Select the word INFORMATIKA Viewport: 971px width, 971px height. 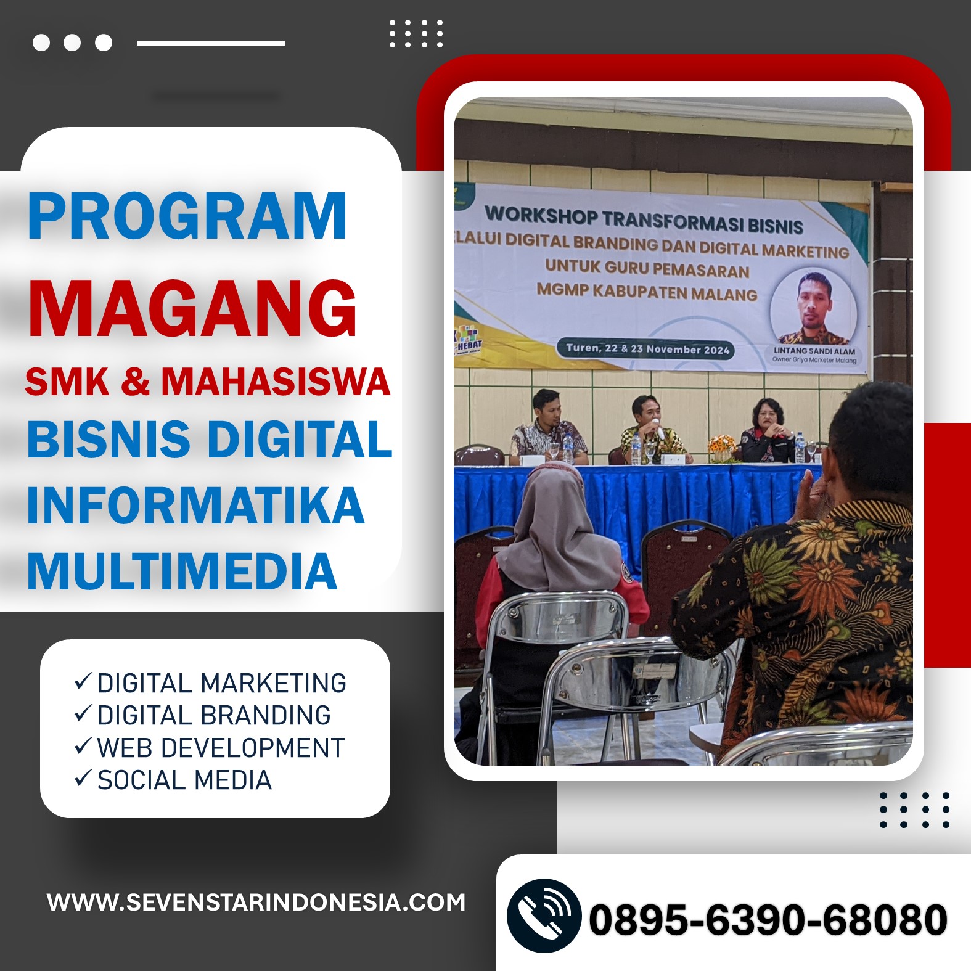195,506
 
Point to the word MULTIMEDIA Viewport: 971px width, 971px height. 182,571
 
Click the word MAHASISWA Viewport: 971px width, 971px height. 276,382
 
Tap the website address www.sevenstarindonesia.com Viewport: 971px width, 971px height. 256,903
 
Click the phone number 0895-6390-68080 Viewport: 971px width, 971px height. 768,920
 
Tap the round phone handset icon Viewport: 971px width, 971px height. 544,916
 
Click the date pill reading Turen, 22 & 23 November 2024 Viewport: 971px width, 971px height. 647,349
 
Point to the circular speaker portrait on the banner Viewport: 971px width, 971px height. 814,306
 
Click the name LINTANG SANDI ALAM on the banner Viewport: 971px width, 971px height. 814,351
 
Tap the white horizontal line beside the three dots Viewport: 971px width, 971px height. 211,44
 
